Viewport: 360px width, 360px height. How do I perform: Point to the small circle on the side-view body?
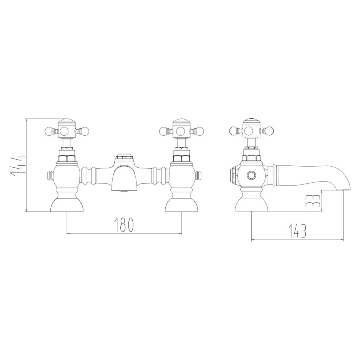(x=250, y=175)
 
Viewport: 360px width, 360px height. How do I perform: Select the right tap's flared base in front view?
(x=181, y=204)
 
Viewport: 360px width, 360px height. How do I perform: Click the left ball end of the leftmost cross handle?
(x=48, y=131)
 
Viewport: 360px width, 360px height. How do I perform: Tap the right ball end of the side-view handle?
(x=269, y=131)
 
